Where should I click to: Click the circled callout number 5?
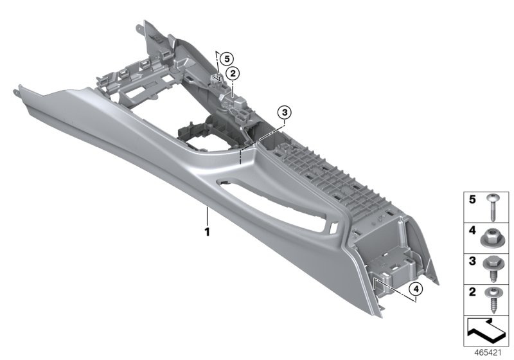click(227, 59)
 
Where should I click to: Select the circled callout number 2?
click(233, 74)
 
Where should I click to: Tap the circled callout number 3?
click(284, 113)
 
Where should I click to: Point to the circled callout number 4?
click(416, 289)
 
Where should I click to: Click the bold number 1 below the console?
click(207, 232)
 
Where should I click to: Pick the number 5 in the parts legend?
click(472, 199)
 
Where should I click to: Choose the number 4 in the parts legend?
click(472, 231)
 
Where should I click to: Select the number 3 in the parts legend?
click(472, 261)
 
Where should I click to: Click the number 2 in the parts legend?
click(472, 292)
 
